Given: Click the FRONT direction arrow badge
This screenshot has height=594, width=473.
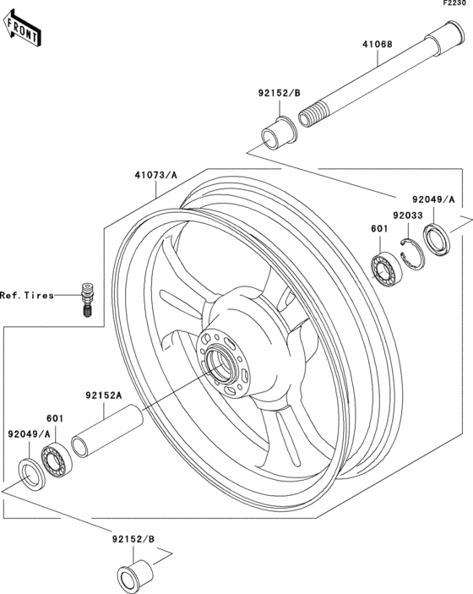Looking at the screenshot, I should [x=23, y=32].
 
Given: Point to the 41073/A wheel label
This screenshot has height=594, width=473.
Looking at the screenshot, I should [x=155, y=176].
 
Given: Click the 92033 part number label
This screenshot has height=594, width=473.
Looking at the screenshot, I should [x=406, y=215].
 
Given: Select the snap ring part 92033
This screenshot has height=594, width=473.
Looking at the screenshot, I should [x=411, y=254].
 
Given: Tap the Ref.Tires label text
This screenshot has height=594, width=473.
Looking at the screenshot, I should [x=26, y=296].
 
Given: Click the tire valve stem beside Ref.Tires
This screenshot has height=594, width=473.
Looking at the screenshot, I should [x=84, y=298].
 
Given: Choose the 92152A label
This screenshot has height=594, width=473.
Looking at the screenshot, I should [x=103, y=395].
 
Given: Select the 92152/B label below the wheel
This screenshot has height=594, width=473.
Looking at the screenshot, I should [x=133, y=538].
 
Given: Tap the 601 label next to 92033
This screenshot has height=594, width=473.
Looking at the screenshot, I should [x=379, y=227].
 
